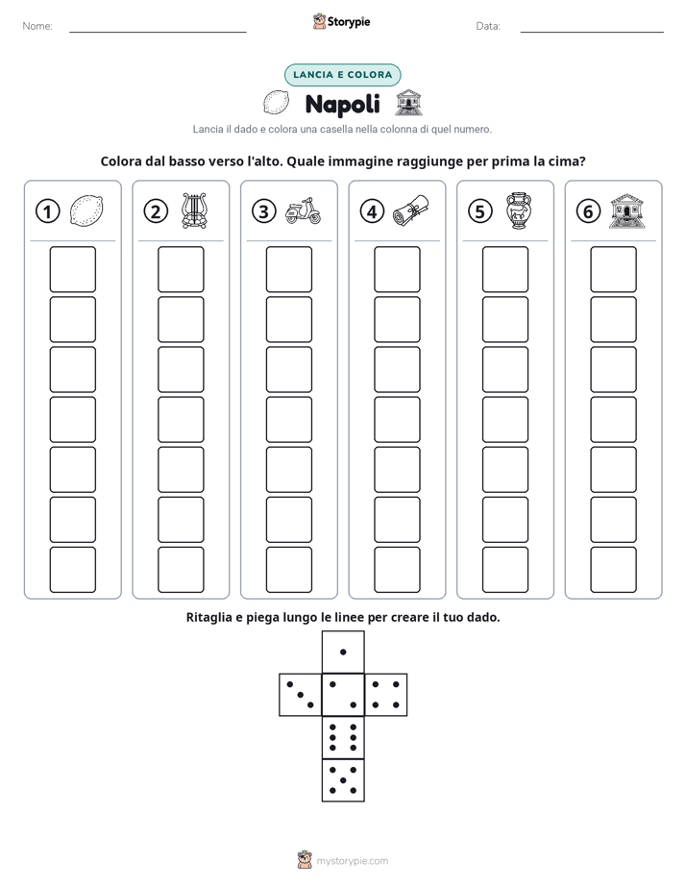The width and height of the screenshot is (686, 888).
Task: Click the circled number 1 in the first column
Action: click(x=47, y=211)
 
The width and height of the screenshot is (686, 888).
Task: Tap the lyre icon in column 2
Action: click(x=194, y=210)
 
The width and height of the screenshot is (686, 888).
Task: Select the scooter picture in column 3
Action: click(x=303, y=211)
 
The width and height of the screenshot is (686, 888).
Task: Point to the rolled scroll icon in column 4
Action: click(x=411, y=210)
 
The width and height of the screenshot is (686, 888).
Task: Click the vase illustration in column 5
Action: click(x=519, y=210)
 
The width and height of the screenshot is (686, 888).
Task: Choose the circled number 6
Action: click(x=588, y=211)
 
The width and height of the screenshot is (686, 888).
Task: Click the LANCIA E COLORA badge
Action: click(x=342, y=75)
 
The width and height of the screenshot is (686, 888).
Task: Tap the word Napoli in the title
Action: click(x=342, y=104)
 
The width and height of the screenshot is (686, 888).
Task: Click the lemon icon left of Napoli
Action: click(x=276, y=103)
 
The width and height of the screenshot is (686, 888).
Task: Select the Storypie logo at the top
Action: click(x=341, y=22)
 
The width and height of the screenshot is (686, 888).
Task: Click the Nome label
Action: click(x=37, y=26)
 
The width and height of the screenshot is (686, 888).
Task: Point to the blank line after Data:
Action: click(x=592, y=32)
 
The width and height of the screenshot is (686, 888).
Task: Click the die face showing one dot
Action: click(x=343, y=653)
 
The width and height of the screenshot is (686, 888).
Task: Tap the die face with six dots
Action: click(x=343, y=737)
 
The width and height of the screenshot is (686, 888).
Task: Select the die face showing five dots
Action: click(x=343, y=780)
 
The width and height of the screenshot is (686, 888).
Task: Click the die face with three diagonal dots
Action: click(x=301, y=695)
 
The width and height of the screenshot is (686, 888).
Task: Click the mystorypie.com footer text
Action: click(x=352, y=861)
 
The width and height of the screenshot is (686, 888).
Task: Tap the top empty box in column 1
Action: click(x=72, y=269)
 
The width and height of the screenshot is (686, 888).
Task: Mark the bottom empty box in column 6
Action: click(x=614, y=570)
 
